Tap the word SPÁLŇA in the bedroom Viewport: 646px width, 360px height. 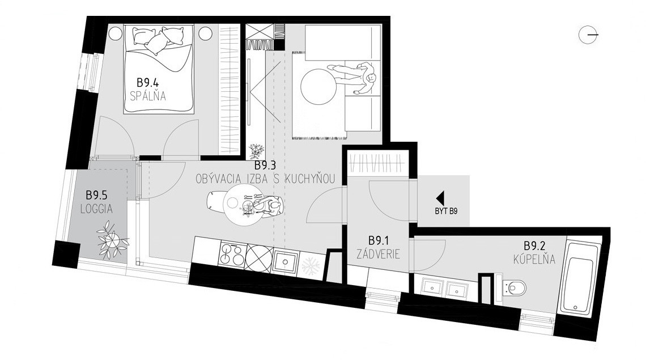pos(147,96)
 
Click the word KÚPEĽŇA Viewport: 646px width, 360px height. pos(534,260)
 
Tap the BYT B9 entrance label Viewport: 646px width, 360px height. pos(447,212)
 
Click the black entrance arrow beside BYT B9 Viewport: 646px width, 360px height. pos(440,198)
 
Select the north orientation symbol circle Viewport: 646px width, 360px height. pos(587,35)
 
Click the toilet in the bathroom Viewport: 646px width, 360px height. pos(514,288)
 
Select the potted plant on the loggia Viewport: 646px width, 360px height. pos(112,243)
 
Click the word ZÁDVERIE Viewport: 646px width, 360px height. pos(379,255)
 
